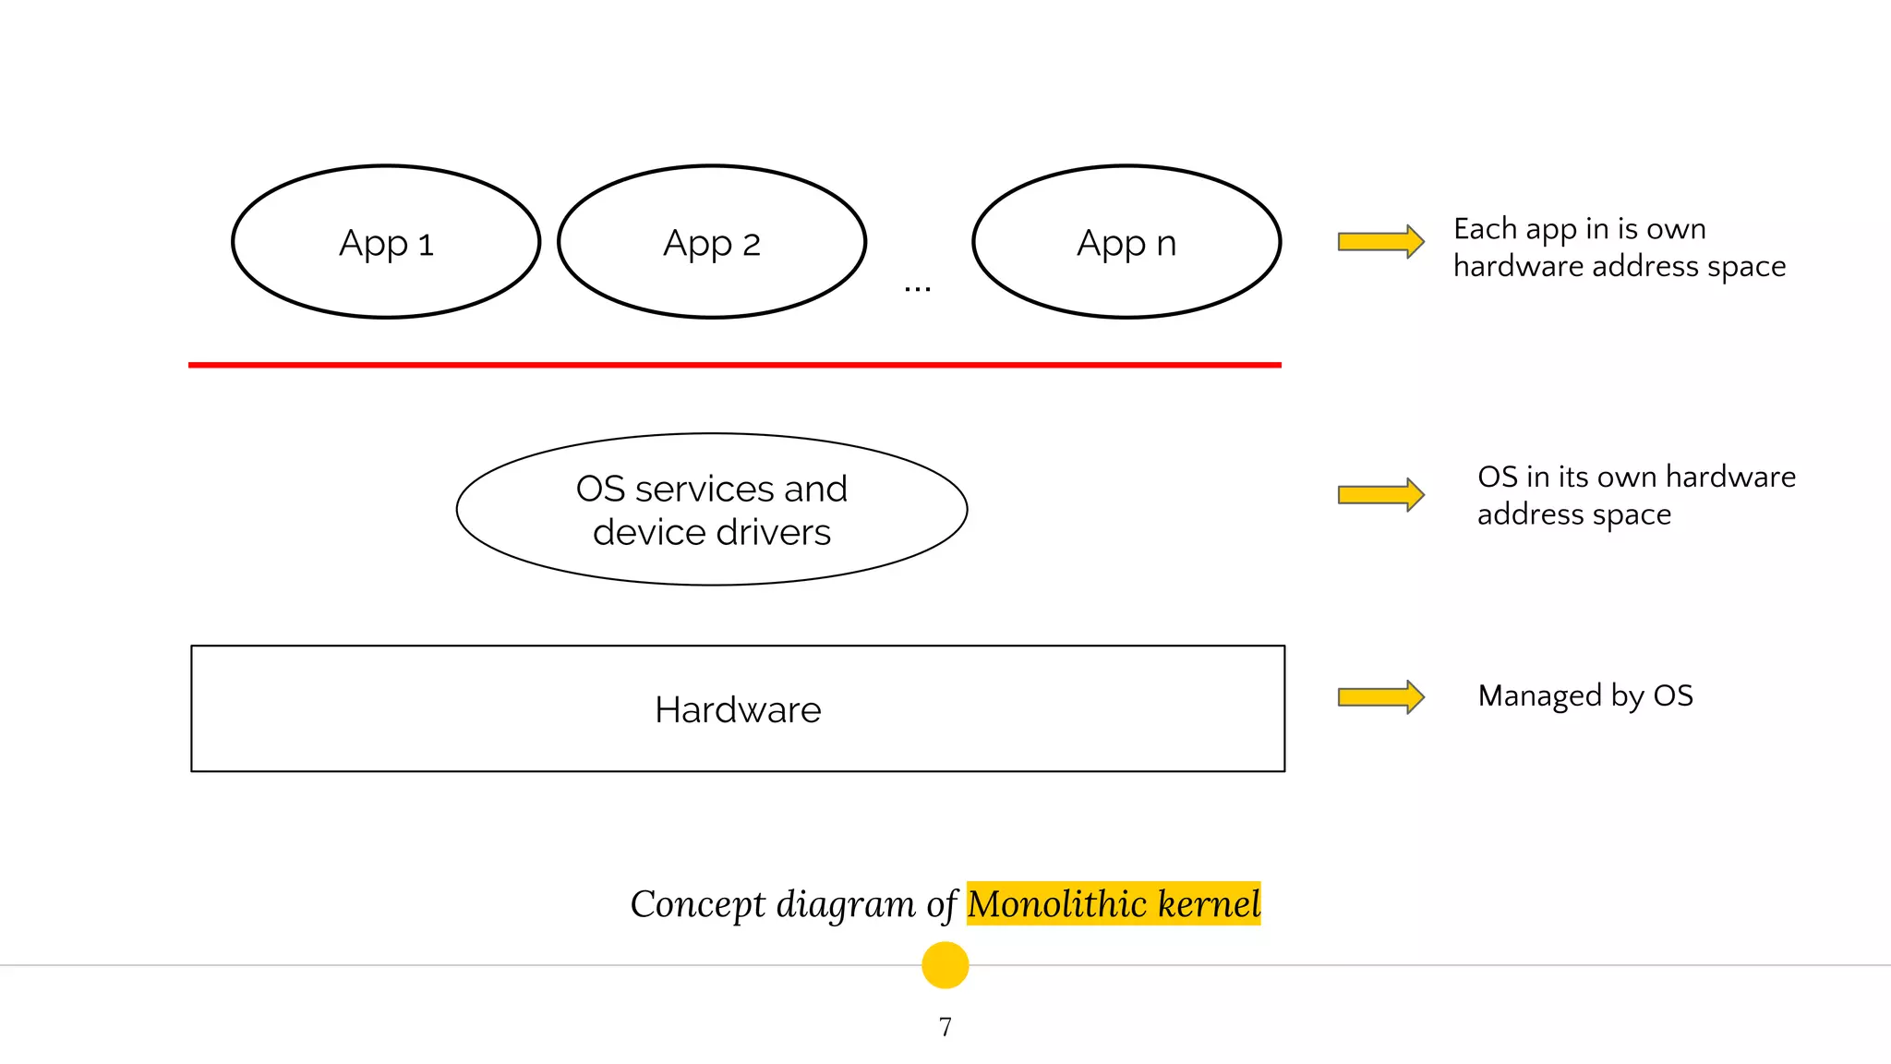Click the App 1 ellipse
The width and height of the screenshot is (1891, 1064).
pos(386,242)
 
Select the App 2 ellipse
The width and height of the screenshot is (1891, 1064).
pos(712,242)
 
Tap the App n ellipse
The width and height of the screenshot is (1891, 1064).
pos(1126,242)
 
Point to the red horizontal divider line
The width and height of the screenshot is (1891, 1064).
pos(734,365)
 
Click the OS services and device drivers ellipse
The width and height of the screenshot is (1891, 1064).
pos(712,509)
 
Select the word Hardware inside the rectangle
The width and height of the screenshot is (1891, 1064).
pos(738,709)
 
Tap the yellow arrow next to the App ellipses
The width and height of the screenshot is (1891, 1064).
pos(1380,242)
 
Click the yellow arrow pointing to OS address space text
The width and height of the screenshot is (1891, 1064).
pos(1380,494)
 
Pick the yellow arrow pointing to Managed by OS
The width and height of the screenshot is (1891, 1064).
pos(1380,696)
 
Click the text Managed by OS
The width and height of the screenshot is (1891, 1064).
pos(1585,695)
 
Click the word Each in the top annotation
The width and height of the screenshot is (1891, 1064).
pos(1485,228)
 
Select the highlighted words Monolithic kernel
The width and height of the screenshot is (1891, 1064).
pos(1114,903)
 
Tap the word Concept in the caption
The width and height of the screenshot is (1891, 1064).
pos(697,904)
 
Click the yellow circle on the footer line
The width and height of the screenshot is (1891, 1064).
pos(945,965)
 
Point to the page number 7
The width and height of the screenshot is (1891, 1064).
pos(945,1027)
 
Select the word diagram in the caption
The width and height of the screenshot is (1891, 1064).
pos(846,904)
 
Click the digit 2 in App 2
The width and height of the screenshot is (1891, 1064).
pos(751,245)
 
